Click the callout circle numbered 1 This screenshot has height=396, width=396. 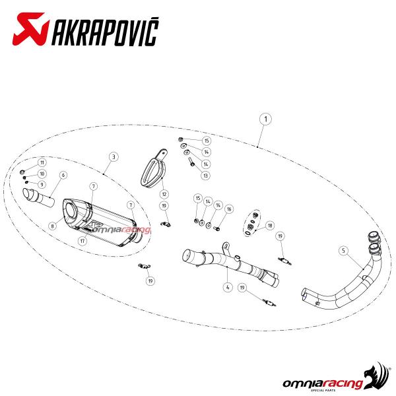pos(265,119)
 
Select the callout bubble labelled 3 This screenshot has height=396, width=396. pos(114,157)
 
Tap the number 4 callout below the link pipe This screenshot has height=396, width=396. pos(228,287)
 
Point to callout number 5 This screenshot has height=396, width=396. pos(343,251)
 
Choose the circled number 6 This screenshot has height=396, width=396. pos(63,175)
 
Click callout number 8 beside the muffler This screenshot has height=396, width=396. pos(53,226)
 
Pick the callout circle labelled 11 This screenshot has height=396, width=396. pos(42,162)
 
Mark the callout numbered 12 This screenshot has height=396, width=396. pos(164,194)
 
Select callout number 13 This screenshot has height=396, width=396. pos(205,176)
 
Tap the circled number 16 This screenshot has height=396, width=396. pos(229,209)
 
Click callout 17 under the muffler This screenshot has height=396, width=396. pos(82,241)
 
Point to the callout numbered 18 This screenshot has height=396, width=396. pos(270,225)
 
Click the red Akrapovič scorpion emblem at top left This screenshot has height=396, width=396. pos(30,29)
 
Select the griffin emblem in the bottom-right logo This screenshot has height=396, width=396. pos(376,375)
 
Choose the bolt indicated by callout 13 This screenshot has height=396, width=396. pos(191,161)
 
